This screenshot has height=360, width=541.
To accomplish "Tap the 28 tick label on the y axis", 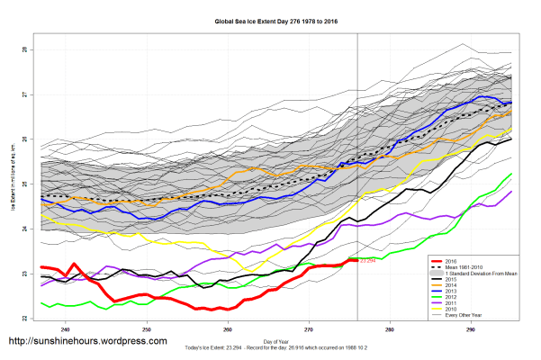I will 26,50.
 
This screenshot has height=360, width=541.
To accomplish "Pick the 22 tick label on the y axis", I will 26,318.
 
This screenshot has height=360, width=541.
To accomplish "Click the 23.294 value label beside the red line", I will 367,261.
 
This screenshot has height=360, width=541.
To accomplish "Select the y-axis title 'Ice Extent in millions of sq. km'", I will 14,184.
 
